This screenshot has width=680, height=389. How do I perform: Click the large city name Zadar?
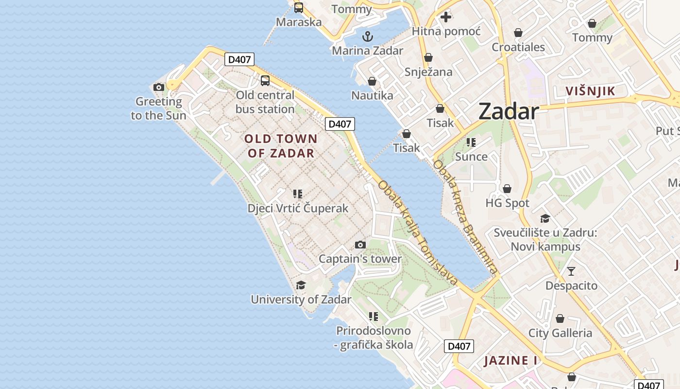tap(508, 112)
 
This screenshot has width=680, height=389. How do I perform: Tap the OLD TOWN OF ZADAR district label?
tap(281, 146)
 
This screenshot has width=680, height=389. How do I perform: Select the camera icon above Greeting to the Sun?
tap(158, 88)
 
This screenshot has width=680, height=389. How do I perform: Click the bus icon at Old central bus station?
tap(265, 81)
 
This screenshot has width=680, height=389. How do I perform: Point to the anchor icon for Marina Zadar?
tap(368, 36)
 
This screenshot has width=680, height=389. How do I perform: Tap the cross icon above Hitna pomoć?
tap(445, 17)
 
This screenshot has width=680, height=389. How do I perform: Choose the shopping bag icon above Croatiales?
tap(518, 33)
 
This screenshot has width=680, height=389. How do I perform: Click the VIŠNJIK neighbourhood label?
tap(590, 91)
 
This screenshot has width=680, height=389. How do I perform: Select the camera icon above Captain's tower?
tap(360, 245)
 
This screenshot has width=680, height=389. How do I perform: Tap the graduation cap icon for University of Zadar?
tap(301, 285)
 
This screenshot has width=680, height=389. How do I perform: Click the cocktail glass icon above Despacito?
tap(571, 271)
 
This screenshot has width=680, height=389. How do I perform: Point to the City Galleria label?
tap(560, 333)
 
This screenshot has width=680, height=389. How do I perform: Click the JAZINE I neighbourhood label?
tap(510, 361)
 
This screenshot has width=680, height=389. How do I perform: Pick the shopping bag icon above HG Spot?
tap(507, 189)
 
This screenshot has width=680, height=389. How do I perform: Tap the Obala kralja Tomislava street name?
tap(418, 232)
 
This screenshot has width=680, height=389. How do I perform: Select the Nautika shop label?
tap(372, 95)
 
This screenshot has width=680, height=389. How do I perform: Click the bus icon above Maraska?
tap(298, 8)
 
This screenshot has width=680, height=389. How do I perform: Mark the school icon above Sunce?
tap(471, 142)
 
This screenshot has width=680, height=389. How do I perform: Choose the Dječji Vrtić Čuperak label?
tap(298, 209)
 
